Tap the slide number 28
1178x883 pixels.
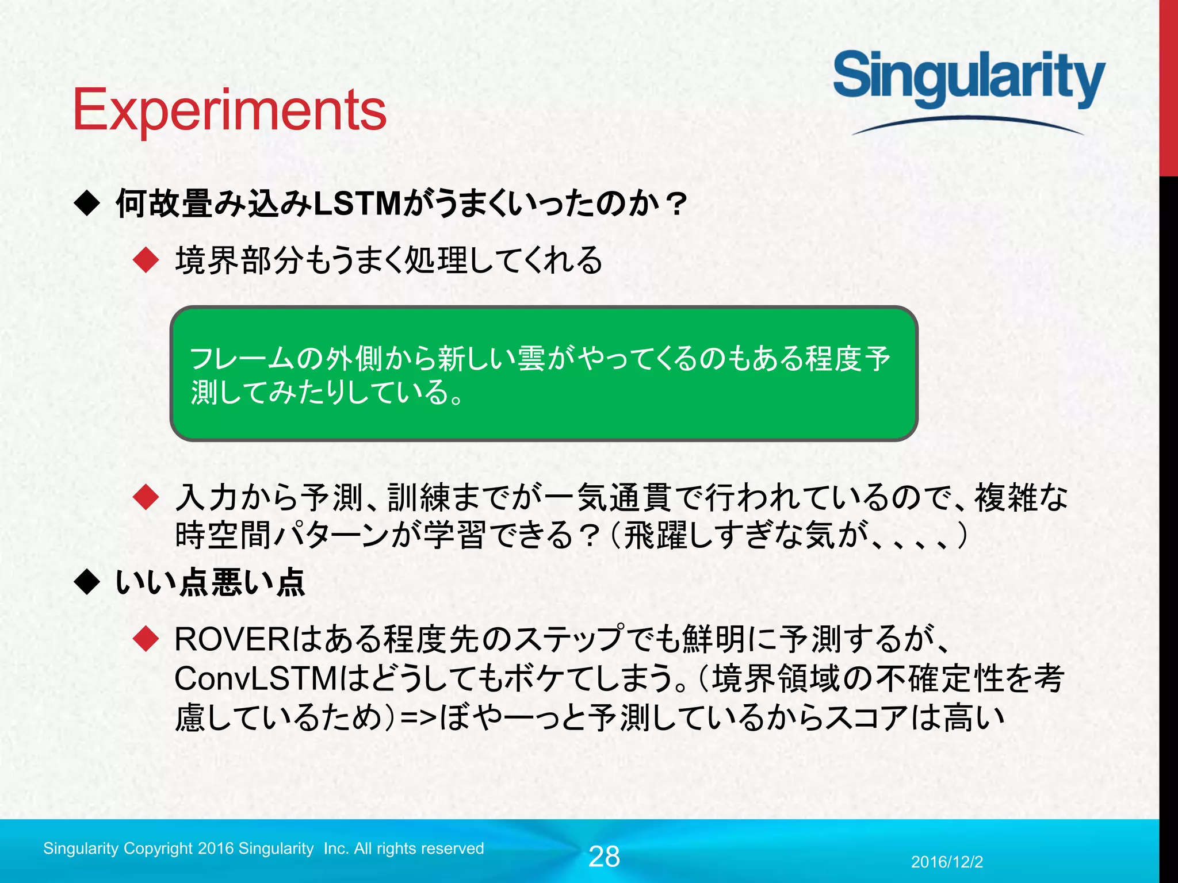click(x=604, y=857)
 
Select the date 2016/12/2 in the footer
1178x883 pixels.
click(x=947, y=862)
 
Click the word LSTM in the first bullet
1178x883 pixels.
click(x=358, y=204)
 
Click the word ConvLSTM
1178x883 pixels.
click(x=255, y=678)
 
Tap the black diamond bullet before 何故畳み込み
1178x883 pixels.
click(x=87, y=204)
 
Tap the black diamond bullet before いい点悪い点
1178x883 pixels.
click(x=87, y=582)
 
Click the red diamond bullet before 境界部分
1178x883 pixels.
click(x=146, y=260)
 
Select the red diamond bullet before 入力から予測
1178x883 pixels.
click(x=146, y=497)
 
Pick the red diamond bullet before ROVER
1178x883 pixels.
click(x=146, y=639)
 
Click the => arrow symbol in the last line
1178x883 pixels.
click(x=419, y=718)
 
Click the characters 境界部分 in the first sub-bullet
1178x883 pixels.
click(x=239, y=260)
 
